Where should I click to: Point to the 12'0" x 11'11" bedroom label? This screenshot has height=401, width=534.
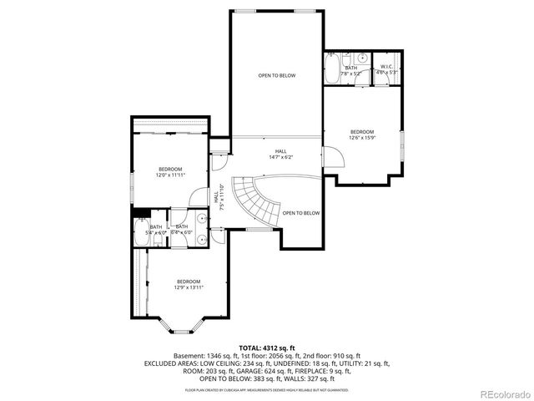click(x=169, y=172)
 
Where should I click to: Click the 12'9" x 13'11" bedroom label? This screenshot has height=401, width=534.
click(x=189, y=284)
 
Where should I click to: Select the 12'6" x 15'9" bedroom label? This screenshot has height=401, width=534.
click(x=361, y=135)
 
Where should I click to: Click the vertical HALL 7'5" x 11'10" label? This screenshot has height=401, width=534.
click(x=218, y=199)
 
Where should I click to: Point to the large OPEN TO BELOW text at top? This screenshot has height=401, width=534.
click(x=276, y=75)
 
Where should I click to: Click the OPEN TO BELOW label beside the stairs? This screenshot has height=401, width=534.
click(x=300, y=213)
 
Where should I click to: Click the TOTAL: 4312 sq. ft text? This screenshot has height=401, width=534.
click(x=267, y=348)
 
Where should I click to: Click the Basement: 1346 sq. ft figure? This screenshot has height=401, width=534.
click(x=204, y=355)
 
